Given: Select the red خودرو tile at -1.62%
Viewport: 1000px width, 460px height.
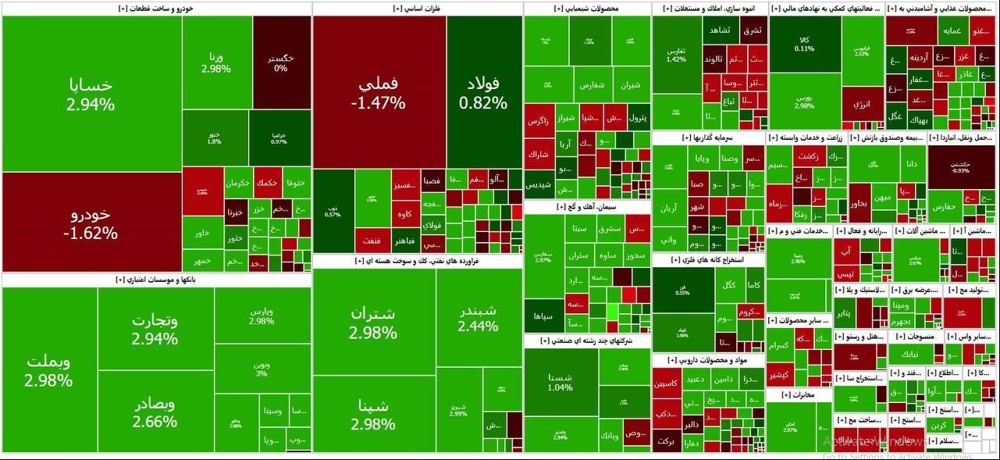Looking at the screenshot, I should (91, 223).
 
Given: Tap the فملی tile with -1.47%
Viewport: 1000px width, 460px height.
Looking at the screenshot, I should (379, 92).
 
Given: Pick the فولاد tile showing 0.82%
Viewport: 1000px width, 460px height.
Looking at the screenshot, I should (484, 92).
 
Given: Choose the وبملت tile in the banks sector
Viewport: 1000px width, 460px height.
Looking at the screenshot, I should (49, 370).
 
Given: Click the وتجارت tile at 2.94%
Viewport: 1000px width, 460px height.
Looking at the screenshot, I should (155, 330).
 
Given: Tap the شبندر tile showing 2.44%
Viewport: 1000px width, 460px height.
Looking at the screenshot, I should (478, 317).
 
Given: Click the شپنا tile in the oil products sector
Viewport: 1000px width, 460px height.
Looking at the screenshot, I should (373, 415).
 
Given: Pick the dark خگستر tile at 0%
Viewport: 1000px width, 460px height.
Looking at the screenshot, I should (281, 62).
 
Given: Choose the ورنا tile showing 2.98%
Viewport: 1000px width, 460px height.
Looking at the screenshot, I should (216, 62).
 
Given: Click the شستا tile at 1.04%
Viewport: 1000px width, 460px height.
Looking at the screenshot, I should (560, 383).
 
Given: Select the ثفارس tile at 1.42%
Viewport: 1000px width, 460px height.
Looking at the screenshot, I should (676, 55).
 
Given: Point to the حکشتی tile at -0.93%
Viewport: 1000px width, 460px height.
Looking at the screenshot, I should (960, 167).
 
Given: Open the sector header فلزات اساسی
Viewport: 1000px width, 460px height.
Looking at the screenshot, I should (417, 9).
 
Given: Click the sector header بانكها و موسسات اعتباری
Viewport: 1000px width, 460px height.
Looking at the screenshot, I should (156, 279).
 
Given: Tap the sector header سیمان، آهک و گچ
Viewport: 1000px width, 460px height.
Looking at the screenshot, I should (587, 207).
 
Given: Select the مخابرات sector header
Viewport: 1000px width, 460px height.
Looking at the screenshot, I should (798, 395).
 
